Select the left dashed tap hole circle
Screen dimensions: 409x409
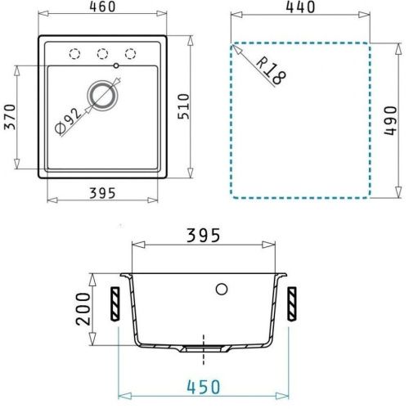[75, 53]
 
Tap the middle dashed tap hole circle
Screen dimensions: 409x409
[103, 53]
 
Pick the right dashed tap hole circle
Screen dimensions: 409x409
[130, 53]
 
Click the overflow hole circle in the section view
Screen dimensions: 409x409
[221, 289]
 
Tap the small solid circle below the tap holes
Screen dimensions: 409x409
[117, 65]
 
